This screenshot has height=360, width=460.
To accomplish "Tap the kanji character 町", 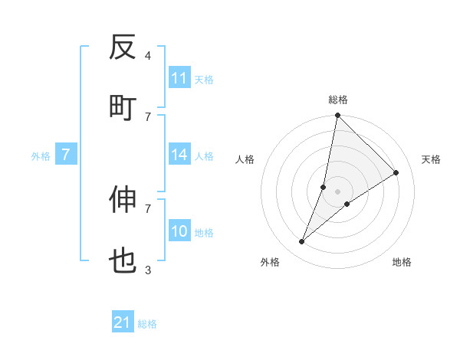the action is (123, 107).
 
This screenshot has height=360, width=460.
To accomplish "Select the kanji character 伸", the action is (123, 200).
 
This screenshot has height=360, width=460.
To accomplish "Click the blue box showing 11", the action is (179, 78).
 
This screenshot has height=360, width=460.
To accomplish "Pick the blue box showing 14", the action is (179, 155).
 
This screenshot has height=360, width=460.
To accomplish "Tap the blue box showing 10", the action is (179, 231).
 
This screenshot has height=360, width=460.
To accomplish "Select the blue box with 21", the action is (123, 322).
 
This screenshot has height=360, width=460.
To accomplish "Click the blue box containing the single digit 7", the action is (66, 155).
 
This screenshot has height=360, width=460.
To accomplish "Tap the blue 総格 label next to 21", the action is (147, 324).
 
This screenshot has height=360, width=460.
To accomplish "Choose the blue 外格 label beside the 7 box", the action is (41, 156).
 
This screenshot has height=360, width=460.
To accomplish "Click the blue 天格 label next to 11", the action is (203, 80).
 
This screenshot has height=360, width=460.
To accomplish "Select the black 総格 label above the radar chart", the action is (338, 100).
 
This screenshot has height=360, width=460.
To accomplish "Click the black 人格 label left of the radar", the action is (245, 159).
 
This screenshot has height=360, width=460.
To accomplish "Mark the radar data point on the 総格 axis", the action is (337, 116).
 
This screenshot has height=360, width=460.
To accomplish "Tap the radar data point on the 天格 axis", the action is (396, 173).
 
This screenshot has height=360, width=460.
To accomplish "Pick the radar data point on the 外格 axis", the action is (302, 242).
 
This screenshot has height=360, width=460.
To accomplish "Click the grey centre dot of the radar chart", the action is (338, 191).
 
